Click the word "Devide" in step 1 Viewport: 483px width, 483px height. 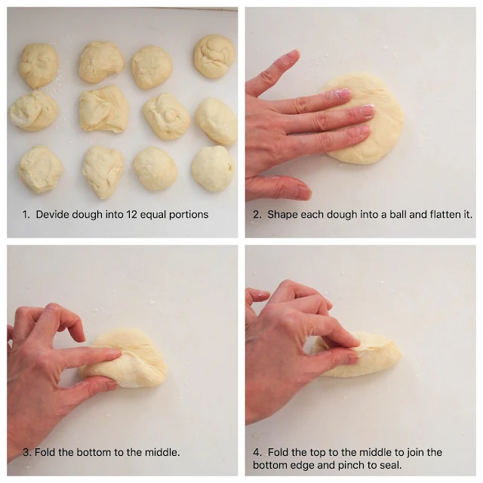pos(52,214)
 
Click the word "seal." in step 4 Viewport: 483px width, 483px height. pos(391,465)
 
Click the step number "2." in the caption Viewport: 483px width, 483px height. pos(257,214)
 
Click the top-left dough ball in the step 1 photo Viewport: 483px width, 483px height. pos(38,66)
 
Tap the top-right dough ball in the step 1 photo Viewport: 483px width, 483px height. pos(214,56)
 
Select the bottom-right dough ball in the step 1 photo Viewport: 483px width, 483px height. pos(213,168)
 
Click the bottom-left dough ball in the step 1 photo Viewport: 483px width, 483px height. pos(40,169)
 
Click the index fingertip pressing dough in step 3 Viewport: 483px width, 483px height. pos(115,353)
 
